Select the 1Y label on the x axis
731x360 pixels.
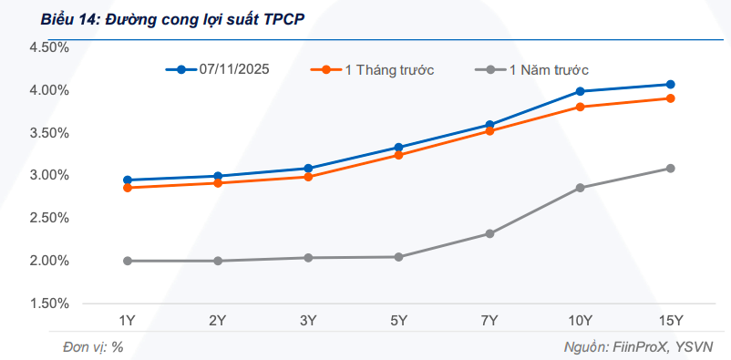128,320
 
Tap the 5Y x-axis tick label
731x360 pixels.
398,320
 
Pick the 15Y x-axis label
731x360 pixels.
670,320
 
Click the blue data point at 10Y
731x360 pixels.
580,91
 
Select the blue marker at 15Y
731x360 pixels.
670,85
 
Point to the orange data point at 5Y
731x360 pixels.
398,155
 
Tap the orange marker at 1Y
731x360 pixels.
128,188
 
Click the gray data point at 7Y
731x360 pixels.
489,234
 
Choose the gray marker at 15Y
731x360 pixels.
670,169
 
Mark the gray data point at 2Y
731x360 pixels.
218,261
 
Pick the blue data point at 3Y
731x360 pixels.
308,169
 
